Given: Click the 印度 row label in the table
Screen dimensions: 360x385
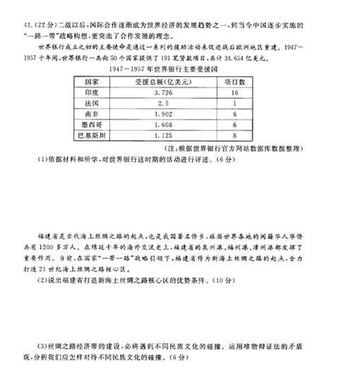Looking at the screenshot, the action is [90, 93].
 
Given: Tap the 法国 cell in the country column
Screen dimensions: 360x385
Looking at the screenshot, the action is [90, 102].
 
